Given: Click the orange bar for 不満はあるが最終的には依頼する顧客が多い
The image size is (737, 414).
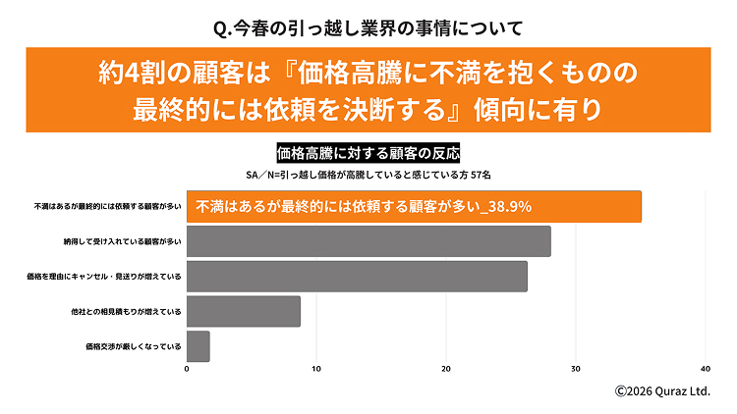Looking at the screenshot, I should click(413, 206).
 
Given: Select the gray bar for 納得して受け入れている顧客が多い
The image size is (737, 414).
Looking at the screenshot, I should click(368, 241).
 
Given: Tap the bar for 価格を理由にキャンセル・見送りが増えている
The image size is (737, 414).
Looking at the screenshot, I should click(356, 277).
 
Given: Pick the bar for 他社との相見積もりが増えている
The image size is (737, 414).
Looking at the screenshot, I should click(243, 311).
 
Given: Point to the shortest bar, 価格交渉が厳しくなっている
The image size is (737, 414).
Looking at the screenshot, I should click(198, 345).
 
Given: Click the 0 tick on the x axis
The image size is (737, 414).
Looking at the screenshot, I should click(187, 369).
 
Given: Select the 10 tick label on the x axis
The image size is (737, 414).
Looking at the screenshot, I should click(316, 369).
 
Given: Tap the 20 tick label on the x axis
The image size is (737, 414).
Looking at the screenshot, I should click(446, 369).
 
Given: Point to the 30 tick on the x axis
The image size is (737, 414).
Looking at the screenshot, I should click(576, 369).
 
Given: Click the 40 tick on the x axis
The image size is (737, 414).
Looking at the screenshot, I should click(706, 369).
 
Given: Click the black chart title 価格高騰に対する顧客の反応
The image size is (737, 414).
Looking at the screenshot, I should click(368, 154).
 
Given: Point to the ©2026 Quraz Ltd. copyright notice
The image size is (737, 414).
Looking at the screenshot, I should click(662, 390).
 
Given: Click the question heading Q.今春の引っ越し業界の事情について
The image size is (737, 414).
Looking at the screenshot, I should click(368, 26).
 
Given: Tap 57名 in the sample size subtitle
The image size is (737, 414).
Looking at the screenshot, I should click(479, 174).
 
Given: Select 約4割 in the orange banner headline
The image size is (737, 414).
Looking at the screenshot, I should click(134, 73).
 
